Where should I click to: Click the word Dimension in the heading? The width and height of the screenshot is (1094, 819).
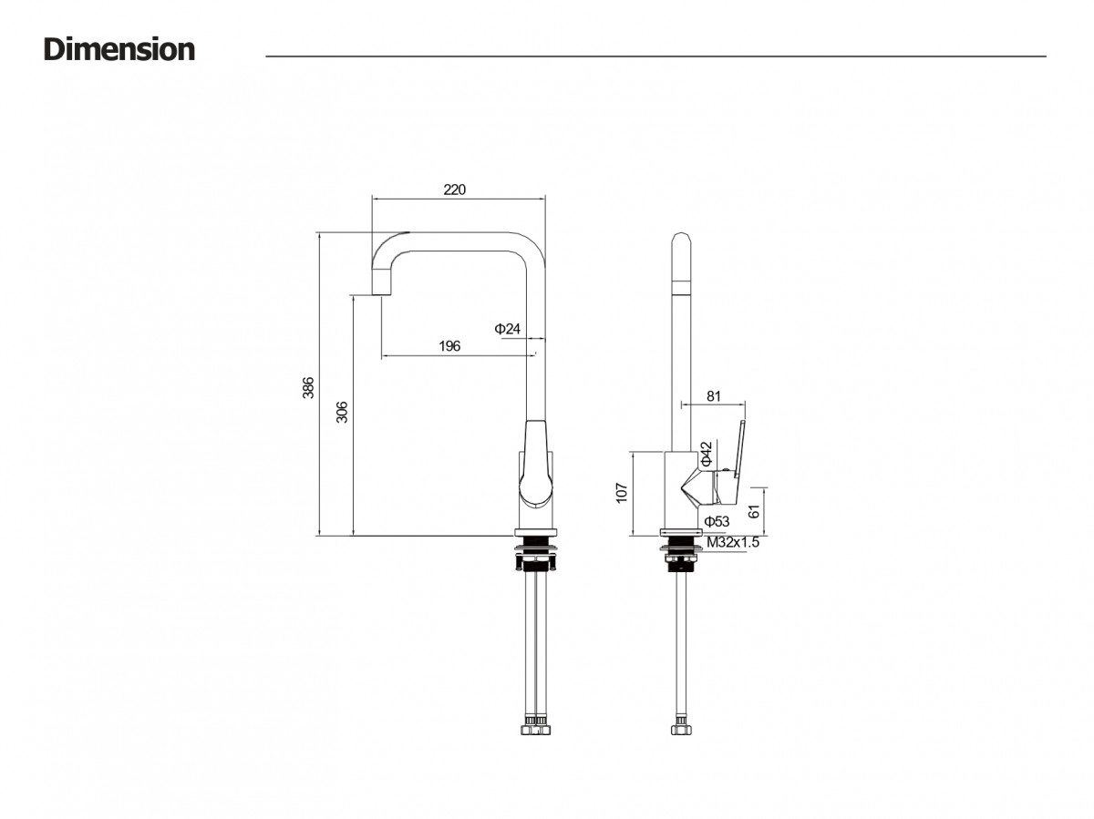119,49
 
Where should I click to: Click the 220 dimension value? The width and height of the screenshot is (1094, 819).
454,189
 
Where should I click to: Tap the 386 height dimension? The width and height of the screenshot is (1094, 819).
308,387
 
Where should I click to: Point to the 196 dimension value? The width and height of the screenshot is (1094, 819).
449,345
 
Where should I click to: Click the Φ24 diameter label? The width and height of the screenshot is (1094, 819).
507,329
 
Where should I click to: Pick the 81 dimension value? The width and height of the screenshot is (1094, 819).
713,395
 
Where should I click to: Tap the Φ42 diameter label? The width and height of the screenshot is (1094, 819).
707,454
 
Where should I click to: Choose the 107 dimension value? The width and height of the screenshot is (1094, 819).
621,492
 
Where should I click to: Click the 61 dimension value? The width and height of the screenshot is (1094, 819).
754,511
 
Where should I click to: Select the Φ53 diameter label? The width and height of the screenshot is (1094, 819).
717,521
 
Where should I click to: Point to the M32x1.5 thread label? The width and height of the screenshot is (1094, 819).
733,542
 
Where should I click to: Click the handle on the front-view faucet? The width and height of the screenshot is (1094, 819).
536,465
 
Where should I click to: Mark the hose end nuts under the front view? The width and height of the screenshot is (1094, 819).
535,726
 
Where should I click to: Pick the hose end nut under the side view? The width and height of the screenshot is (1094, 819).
681,726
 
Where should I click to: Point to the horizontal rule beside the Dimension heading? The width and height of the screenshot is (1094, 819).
655,56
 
